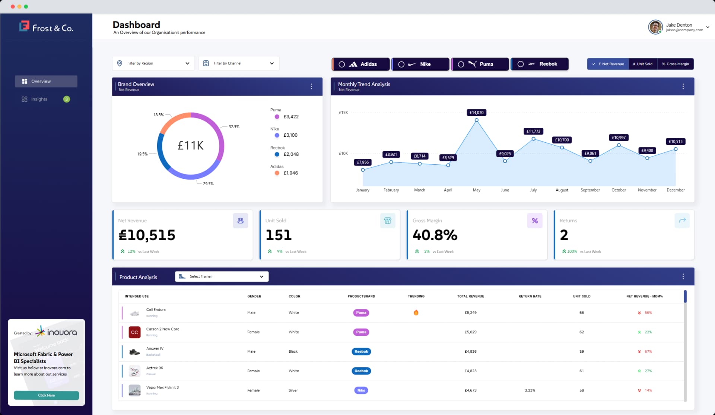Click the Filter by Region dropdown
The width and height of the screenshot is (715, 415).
tap(153, 63)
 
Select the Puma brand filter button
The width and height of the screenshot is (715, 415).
tap(480, 64)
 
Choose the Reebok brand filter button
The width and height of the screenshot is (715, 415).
tap(540, 64)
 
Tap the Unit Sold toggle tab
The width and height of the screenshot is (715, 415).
tap(643, 64)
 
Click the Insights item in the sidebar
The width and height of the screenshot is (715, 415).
tap(39, 99)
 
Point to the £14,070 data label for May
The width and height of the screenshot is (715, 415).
tap(476, 113)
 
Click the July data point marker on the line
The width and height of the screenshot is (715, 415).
tap(533, 139)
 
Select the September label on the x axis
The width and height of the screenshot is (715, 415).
tap(590, 190)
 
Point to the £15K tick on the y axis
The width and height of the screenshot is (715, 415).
tap(343, 113)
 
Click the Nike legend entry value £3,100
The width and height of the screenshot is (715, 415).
tap(290, 135)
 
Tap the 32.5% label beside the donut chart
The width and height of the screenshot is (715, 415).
tap(234, 127)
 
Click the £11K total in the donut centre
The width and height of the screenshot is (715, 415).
tap(190, 145)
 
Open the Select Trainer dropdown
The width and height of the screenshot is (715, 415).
tap(222, 276)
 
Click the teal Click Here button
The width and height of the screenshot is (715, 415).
tap(46, 395)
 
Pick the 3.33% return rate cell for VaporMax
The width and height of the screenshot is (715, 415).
tap(530, 390)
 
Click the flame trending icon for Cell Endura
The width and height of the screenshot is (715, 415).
tap(416, 313)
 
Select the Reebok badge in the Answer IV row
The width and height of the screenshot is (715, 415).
tap(361, 351)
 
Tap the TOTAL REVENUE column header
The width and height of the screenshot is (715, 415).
tap(470, 296)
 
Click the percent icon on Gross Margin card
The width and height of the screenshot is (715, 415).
tap(534, 221)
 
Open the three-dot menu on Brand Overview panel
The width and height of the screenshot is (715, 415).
tap(311, 86)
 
